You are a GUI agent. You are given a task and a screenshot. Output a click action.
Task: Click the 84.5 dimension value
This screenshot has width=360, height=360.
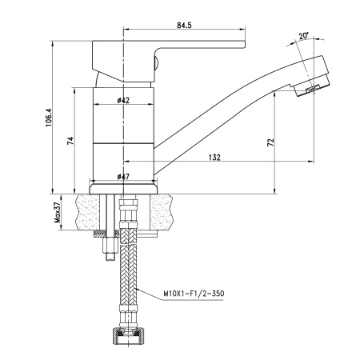point(183,26)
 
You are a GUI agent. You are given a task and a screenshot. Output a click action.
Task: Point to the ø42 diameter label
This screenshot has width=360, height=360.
point(123,100)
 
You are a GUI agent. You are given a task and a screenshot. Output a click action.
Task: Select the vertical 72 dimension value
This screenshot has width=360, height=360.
point(270,142)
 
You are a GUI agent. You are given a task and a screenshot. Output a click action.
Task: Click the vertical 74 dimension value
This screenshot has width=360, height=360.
point(71,142)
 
